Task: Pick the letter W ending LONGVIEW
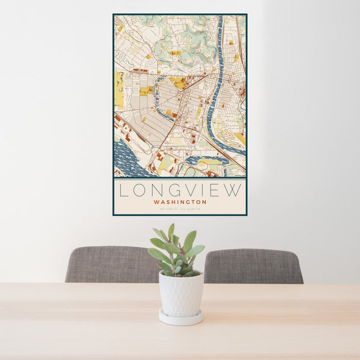click(233, 190)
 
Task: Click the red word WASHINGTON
click(180, 202)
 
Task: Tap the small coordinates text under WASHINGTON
click(180, 209)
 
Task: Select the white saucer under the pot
click(181, 318)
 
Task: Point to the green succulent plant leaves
click(176, 252)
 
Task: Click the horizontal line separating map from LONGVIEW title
click(180, 178)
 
